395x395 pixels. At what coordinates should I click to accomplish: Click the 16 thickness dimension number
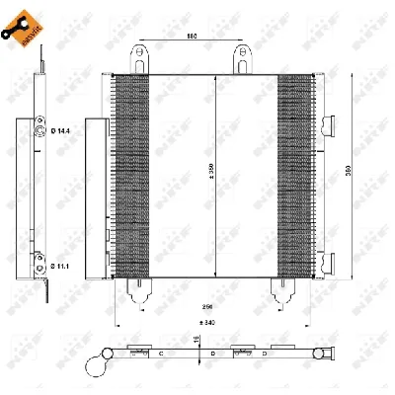click(x=197, y=339)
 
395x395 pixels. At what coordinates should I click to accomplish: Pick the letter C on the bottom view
click(x=161, y=351)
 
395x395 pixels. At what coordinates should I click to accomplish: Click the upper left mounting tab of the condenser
click(x=135, y=59)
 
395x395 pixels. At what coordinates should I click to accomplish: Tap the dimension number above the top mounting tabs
click(x=193, y=38)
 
